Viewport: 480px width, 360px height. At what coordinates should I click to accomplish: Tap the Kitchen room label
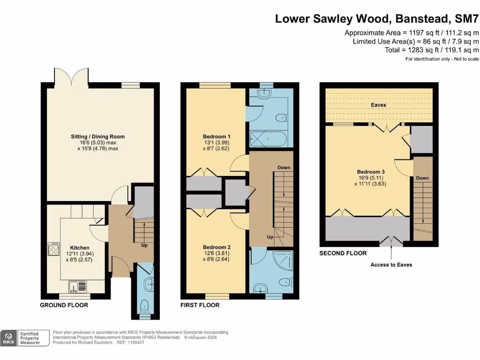click(80, 247)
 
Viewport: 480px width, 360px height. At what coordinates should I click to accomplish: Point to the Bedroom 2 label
click(217, 247)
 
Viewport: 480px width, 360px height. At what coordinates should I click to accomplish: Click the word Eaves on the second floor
click(378, 105)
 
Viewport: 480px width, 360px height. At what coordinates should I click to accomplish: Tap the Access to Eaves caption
click(391, 265)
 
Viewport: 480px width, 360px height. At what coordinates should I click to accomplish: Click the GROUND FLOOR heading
click(64, 305)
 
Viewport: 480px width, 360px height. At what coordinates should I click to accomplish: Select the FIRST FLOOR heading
click(200, 305)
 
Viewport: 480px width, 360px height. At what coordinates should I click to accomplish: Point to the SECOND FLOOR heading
click(343, 253)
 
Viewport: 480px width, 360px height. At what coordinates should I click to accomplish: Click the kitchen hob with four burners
click(54, 248)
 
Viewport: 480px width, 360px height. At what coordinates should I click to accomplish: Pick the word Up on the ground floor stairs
click(144, 245)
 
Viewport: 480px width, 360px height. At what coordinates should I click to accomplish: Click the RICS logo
click(8, 338)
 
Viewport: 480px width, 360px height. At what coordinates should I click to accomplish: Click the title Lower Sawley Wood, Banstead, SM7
click(377, 19)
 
